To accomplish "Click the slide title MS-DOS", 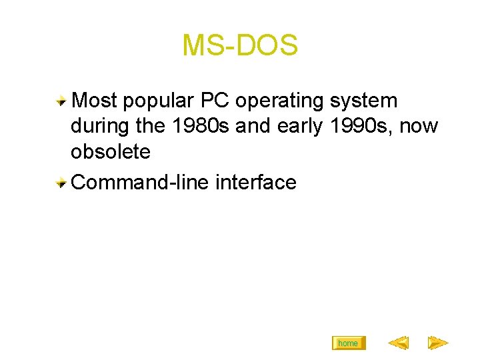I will tap(240, 45).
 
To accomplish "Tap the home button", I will tap(348, 343).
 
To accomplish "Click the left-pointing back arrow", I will tap(398, 343).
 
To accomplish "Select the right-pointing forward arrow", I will tap(438, 343).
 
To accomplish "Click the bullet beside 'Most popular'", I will tap(61, 101).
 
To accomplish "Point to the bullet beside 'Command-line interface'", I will tap(61, 183).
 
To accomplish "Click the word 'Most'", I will tap(94, 101).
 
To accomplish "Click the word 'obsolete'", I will tap(111, 152).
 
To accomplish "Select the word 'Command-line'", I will tap(140, 182).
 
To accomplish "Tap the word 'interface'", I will tap(256, 182).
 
